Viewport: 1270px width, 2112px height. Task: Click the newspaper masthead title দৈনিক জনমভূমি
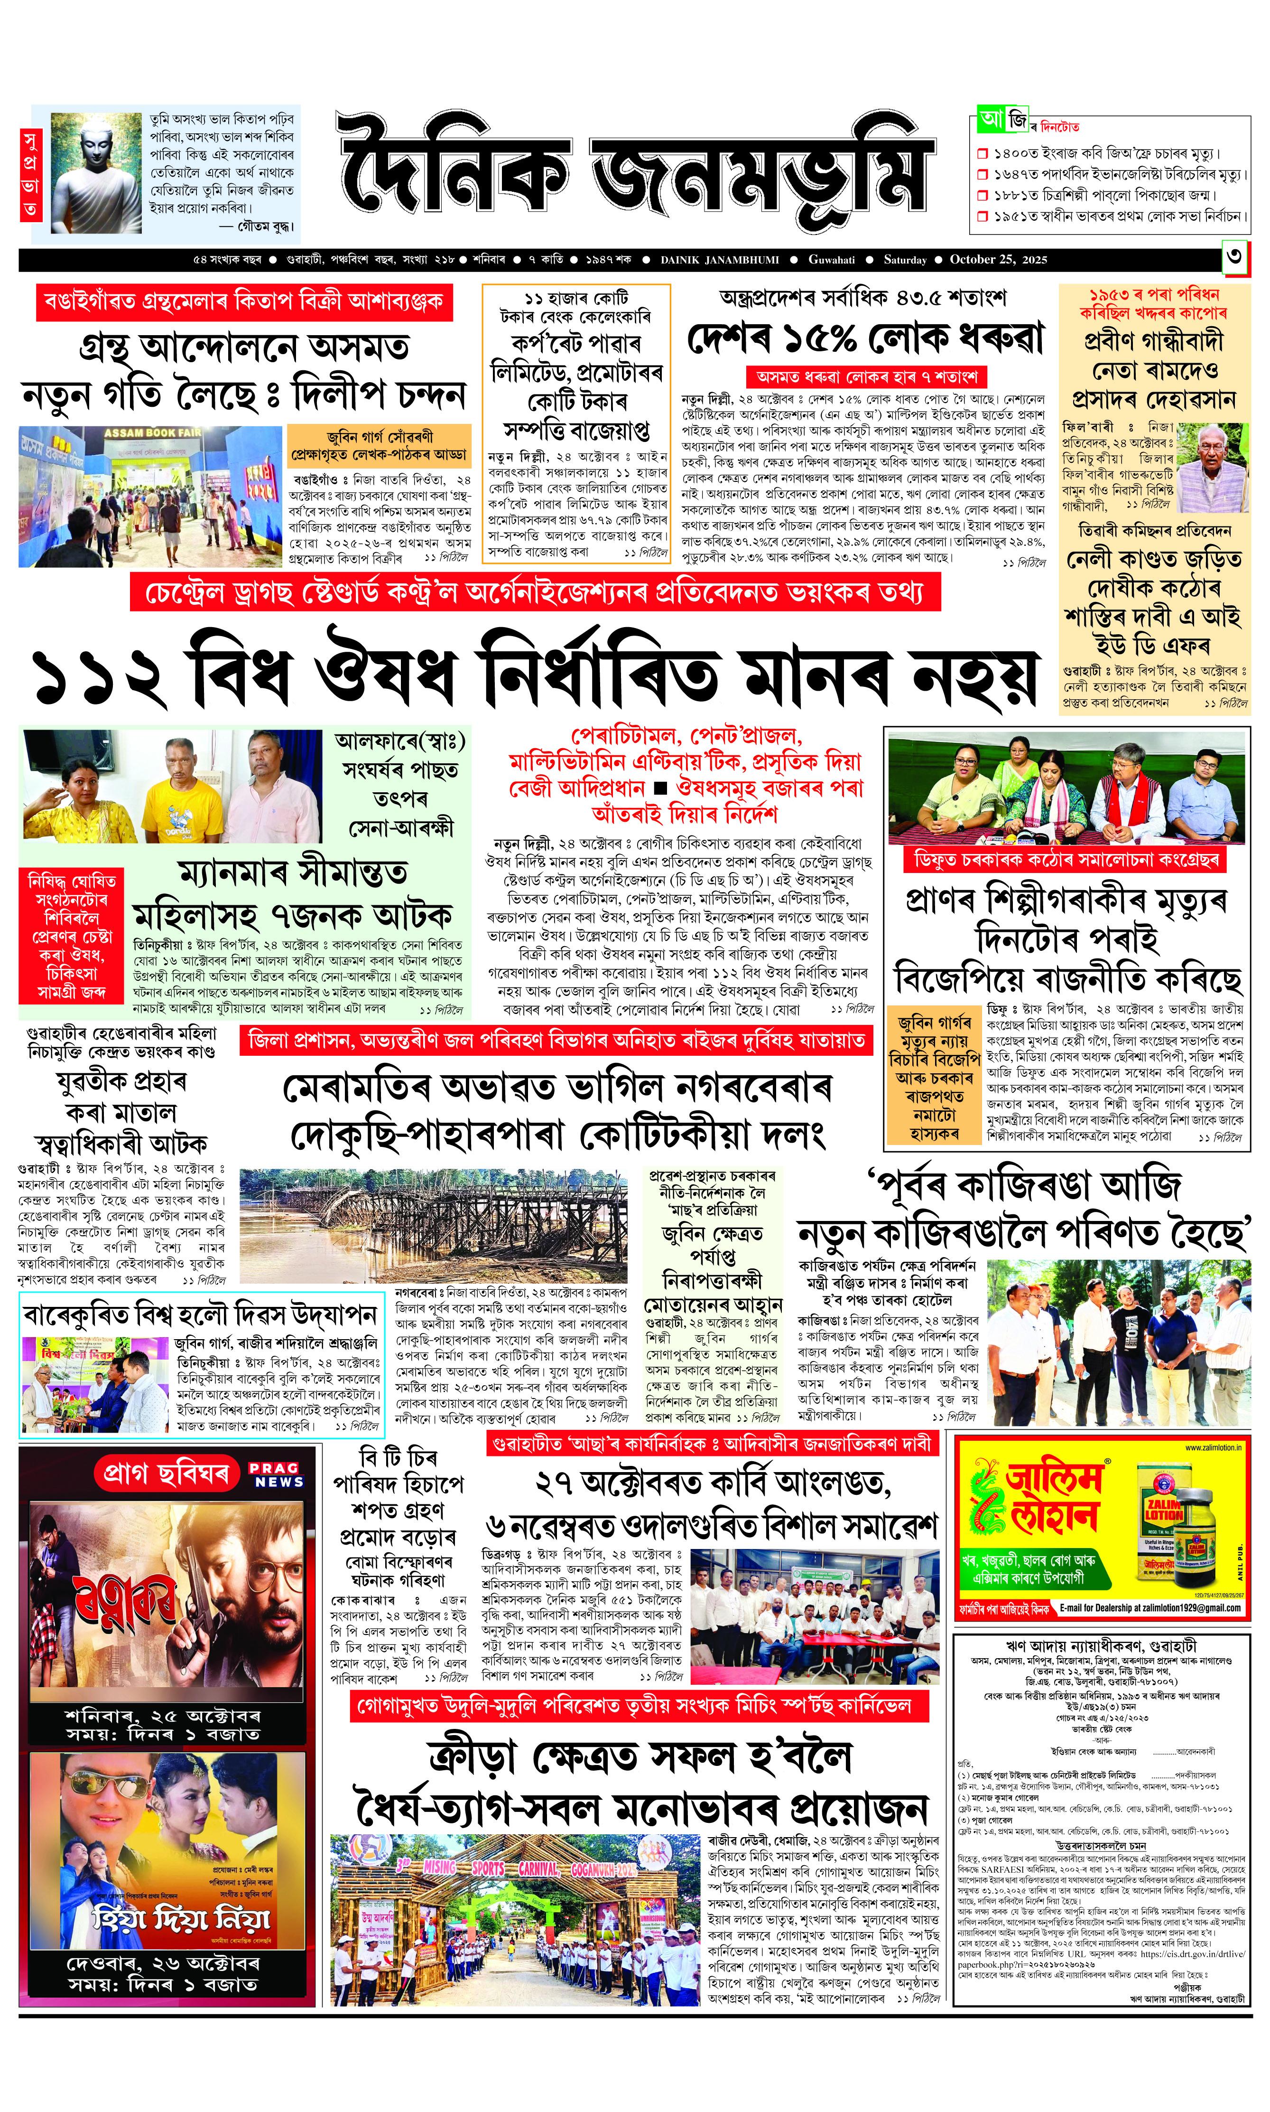coord(633,172)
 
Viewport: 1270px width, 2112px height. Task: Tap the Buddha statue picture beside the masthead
coord(96,174)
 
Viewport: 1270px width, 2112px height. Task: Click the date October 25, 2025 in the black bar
coord(998,259)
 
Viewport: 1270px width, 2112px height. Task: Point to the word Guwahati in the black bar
coord(831,259)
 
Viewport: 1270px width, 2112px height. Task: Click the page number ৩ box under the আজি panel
coord(1235,259)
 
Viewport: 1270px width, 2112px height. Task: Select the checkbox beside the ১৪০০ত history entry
coord(983,154)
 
